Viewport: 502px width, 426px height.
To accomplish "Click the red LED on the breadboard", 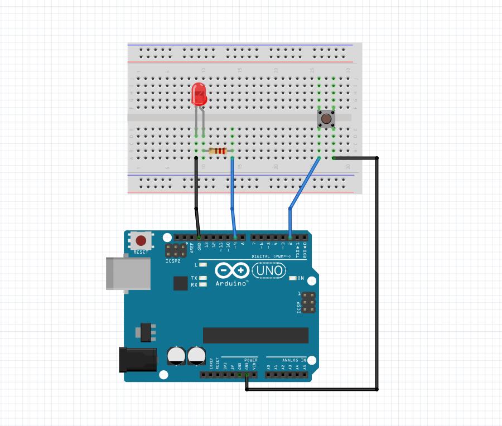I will [198, 94].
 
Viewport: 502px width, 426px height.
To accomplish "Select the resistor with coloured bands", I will [218, 151].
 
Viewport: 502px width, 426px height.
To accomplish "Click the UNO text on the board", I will [269, 271].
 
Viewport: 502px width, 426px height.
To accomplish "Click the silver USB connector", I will [128, 273].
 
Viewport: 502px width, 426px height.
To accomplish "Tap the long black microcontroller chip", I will [255, 335].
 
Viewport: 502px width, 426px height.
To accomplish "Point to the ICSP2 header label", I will [173, 261].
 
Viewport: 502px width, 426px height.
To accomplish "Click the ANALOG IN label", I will [286, 360].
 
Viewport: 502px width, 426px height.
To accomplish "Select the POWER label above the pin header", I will [250, 360].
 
